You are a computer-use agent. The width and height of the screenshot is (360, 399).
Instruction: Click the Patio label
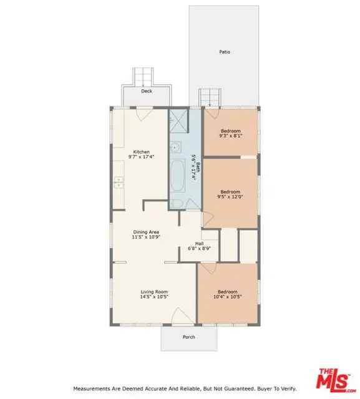pyautogui.click(x=225, y=52)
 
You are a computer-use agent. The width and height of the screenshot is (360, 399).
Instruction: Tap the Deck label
pyautogui.click(x=147, y=91)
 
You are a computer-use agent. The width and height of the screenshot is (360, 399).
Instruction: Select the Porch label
pyautogui.click(x=188, y=337)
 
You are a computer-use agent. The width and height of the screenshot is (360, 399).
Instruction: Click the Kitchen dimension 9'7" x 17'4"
pyautogui.click(x=141, y=156)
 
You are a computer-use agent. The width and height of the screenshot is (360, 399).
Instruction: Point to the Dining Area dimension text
pyautogui.click(x=146, y=237)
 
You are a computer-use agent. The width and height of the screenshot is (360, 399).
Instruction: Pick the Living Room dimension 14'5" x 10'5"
pyautogui.click(x=154, y=297)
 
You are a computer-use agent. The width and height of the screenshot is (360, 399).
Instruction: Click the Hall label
pyautogui.click(x=199, y=244)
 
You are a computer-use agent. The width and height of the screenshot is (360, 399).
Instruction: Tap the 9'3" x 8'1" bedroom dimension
pyautogui.click(x=231, y=136)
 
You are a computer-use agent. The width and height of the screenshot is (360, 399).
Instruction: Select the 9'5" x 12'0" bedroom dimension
pyautogui.click(x=230, y=197)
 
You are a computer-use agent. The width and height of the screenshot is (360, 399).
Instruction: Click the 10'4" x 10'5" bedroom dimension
pyautogui.click(x=227, y=297)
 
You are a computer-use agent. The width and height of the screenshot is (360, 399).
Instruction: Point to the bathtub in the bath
pyautogui.click(x=177, y=176)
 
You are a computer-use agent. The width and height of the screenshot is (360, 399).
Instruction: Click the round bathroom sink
pyautogui.click(x=175, y=147)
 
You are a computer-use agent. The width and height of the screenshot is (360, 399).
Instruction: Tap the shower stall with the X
pyautogui.click(x=178, y=121)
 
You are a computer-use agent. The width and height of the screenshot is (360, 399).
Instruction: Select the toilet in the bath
pyautogui.click(x=176, y=204)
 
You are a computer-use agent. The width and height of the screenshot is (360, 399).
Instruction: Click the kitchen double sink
pyautogui.click(x=119, y=183)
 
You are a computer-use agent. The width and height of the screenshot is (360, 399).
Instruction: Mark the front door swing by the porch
pyautogui.click(x=183, y=316)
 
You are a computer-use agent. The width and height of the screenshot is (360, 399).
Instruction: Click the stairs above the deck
pyautogui.click(x=143, y=77)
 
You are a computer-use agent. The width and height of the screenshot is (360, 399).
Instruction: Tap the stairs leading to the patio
pyautogui.click(x=210, y=97)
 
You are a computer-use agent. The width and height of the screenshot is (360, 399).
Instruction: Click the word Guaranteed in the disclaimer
pyautogui.click(x=240, y=388)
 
